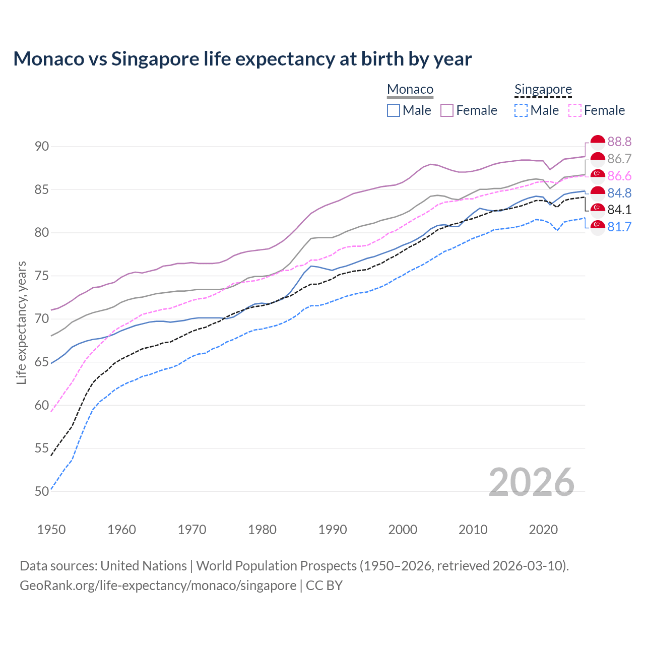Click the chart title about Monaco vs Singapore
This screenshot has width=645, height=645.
242,59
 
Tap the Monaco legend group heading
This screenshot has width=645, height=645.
410,90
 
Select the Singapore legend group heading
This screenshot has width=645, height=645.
543,90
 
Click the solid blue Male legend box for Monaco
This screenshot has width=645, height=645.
394,110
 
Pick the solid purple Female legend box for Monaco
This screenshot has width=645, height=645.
447,110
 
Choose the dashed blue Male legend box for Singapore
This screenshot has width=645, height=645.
521,110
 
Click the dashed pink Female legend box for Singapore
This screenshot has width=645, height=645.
575,110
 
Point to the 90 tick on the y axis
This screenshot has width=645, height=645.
42,147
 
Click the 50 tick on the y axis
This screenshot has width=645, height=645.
42,491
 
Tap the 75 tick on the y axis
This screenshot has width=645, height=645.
42,276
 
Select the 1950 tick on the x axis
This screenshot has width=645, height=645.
51,530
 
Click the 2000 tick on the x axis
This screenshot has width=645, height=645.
403,530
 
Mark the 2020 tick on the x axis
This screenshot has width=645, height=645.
543,530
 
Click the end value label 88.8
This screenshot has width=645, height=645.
619,142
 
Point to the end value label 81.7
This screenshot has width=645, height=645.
619,227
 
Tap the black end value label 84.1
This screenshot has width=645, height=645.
619,210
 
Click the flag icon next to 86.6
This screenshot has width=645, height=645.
598,176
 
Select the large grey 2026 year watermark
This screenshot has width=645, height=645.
531,482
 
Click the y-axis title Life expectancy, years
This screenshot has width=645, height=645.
22,322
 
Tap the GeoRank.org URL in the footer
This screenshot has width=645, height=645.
158,586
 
